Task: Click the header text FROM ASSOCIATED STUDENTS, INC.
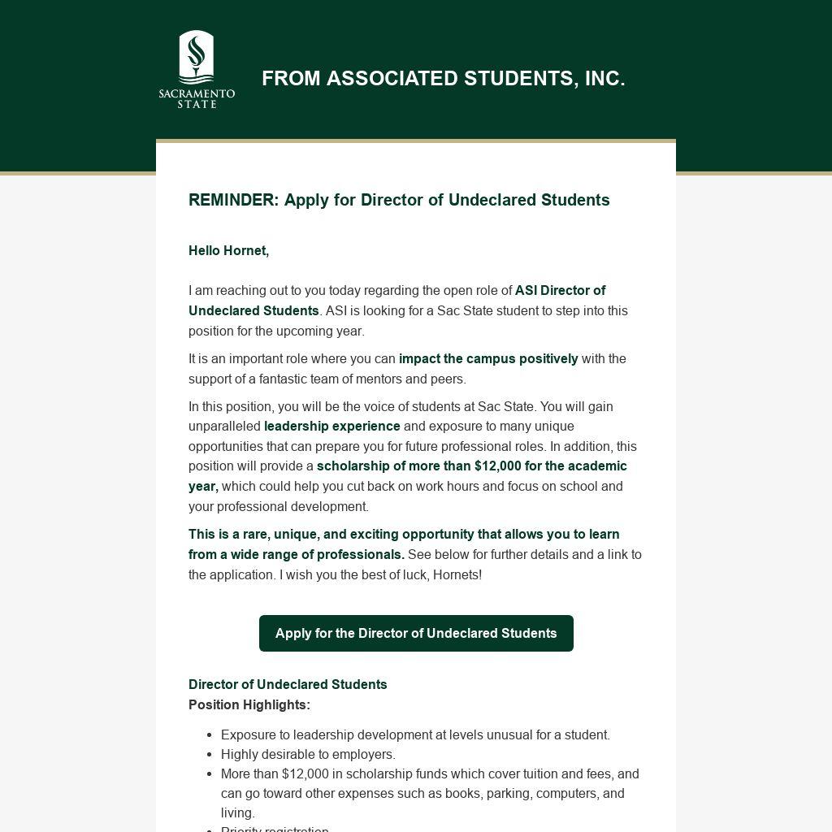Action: click(443, 79)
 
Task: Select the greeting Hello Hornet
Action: click(228, 250)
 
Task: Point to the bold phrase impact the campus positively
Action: click(488, 358)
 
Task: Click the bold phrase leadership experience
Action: click(331, 426)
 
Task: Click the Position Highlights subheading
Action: click(249, 704)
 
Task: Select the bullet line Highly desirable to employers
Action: click(308, 754)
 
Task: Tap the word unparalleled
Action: click(224, 426)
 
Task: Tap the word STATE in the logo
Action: click(197, 104)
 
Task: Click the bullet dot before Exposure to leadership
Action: click(210, 735)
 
